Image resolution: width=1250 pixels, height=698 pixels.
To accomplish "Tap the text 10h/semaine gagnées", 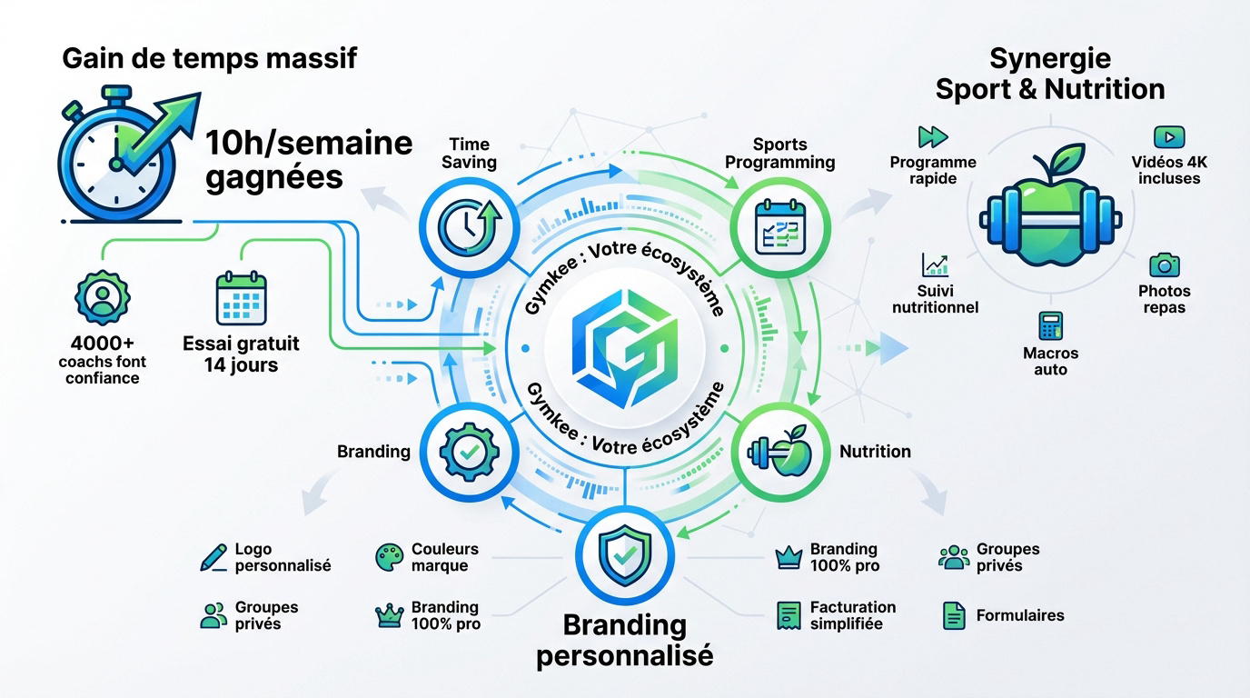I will coord(308,159).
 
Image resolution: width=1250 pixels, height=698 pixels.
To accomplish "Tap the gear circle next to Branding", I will coord(466,451).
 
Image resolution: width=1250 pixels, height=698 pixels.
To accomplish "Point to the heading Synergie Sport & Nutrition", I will coord(1050,75).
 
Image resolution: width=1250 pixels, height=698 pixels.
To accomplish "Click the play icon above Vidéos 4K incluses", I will coord(1168,137).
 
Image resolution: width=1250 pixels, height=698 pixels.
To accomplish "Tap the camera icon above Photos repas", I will coord(1164,265).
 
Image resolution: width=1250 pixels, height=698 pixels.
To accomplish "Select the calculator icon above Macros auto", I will coord(1050,325).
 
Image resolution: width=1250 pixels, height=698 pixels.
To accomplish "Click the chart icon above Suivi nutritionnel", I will coord(935,264).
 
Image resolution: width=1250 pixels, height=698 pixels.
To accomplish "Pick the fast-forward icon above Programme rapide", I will coord(933,137).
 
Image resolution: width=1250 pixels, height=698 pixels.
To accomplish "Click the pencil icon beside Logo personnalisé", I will coord(213,557).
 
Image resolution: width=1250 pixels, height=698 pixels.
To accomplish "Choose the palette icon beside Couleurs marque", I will coord(389,557).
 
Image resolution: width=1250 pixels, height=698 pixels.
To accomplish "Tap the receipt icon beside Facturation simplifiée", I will coord(787,615).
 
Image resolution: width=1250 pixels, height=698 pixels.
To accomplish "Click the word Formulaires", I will coord(1020,615).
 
